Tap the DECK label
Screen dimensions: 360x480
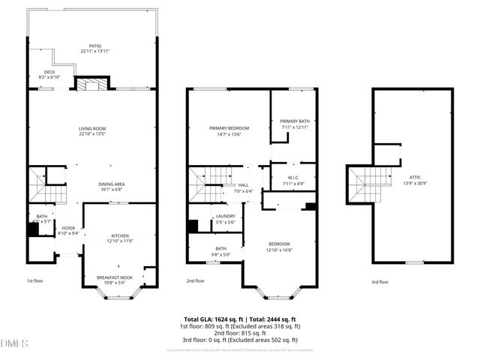point(49,73)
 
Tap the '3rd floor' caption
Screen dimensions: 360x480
point(379,282)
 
